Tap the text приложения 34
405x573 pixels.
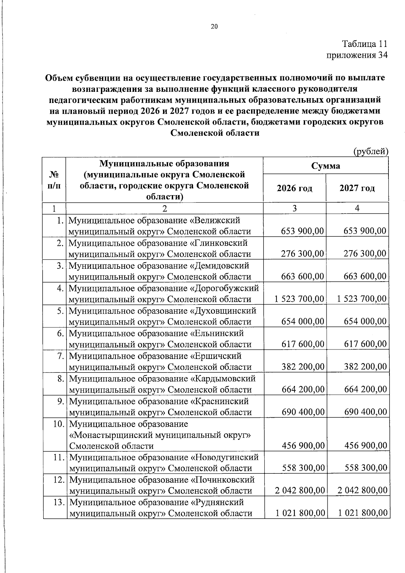357,55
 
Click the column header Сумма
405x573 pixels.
326,166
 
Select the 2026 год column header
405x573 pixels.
294,188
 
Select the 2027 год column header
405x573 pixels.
357,188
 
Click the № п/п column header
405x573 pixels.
54,180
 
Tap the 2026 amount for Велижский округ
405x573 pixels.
302,231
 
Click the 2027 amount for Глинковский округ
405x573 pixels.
365,254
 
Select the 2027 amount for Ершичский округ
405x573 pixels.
365,367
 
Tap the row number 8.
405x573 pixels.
60,379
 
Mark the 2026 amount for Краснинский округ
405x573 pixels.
303,412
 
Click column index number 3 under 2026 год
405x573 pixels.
294,208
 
